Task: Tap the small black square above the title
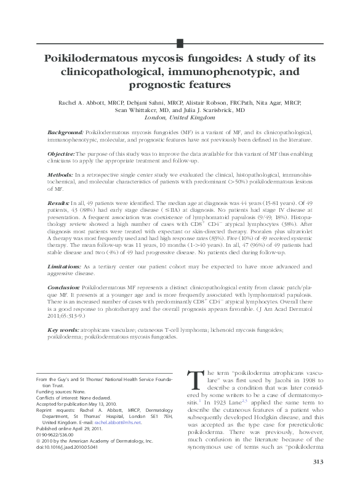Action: pos(180,42)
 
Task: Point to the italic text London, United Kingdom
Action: pos(180,118)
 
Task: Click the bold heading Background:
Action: pos(65,132)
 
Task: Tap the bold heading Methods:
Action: pos(60,175)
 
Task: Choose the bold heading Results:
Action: pos(59,203)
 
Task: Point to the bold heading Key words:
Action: pos(62,329)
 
